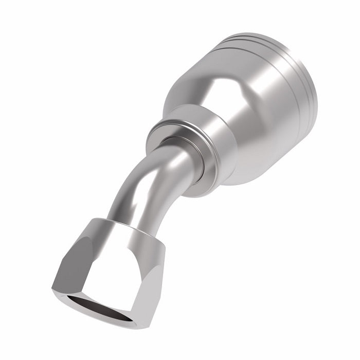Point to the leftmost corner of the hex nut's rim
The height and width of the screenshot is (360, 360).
point(53,288)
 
